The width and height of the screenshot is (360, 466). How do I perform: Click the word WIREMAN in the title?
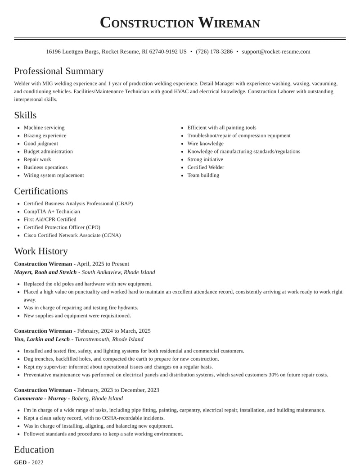click(x=229, y=23)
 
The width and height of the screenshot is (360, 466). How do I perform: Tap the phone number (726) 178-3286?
click(x=214, y=52)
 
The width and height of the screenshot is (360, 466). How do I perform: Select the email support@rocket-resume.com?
click(x=276, y=52)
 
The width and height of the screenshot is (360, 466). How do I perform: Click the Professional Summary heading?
click(x=58, y=71)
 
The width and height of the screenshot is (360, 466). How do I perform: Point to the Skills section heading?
click(x=25, y=115)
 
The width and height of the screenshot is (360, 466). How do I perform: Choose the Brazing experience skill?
click(x=45, y=136)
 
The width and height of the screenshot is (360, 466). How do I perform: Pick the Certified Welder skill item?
click(x=206, y=167)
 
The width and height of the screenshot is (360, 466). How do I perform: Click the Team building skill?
click(x=203, y=175)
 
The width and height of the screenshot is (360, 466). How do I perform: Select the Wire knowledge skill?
click(x=205, y=144)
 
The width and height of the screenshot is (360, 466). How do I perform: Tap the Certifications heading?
click(x=41, y=191)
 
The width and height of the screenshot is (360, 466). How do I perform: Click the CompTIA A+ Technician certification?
click(x=52, y=212)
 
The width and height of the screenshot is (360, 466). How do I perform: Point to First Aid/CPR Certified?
click(x=50, y=220)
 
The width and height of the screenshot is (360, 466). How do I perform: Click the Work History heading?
click(x=41, y=251)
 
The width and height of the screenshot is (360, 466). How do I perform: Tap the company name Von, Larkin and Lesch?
click(x=42, y=339)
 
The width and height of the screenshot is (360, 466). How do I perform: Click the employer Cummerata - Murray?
click(x=40, y=398)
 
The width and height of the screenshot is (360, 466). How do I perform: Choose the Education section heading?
click(x=34, y=450)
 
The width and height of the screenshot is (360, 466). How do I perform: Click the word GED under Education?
click(x=20, y=462)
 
